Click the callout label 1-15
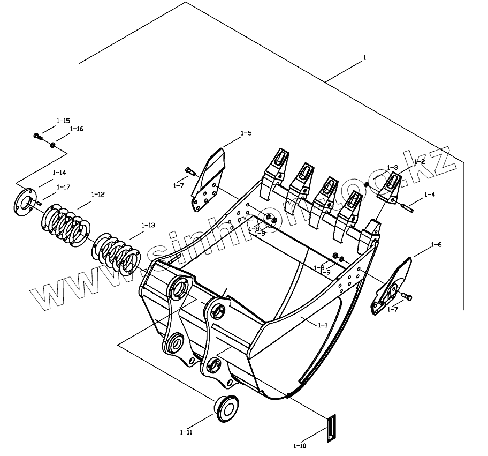tap(63, 121)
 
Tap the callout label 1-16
tap(77, 129)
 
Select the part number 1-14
tap(59, 173)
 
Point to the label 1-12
tap(98, 194)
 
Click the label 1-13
tap(148, 225)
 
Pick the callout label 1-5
tap(246, 132)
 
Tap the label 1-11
tap(187, 432)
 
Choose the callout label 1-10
tap(300, 446)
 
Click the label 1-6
tap(436, 245)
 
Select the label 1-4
tap(429, 195)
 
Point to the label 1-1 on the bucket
tap(323, 325)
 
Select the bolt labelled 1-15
tap(37, 136)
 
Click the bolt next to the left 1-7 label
tap(189, 171)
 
